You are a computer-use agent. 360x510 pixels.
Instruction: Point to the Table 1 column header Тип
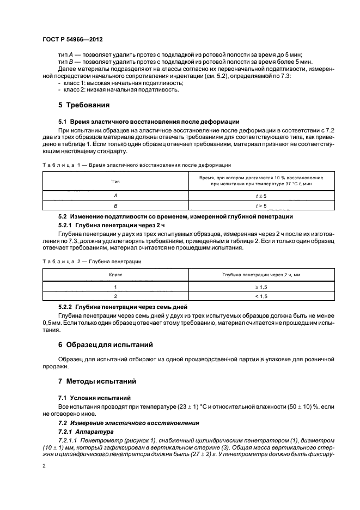[x=115, y=181]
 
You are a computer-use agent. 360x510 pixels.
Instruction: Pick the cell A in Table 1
[x=115, y=195]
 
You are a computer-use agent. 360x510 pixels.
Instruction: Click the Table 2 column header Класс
[x=115, y=275]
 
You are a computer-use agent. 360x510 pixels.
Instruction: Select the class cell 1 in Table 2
[x=115, y=286]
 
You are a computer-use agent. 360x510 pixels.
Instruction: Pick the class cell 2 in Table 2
[x=115, y=296]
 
